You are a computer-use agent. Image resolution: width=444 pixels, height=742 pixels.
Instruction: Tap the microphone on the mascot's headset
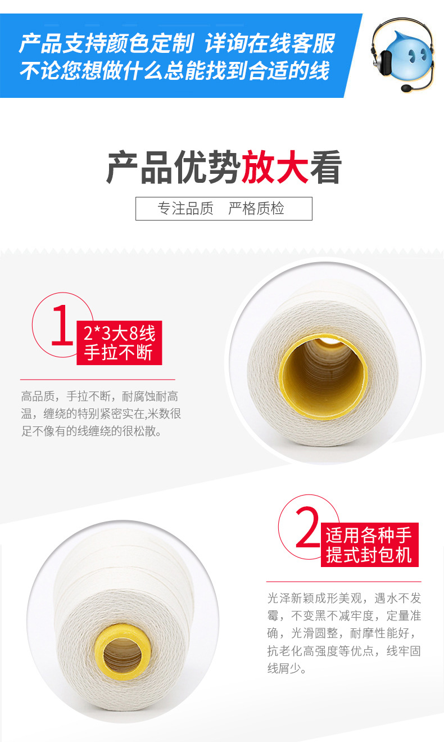406,88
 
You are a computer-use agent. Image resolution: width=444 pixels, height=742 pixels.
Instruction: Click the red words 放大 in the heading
274,168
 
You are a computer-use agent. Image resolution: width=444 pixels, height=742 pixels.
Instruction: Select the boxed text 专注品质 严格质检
223,209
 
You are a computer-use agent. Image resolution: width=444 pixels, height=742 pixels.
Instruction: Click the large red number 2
307,527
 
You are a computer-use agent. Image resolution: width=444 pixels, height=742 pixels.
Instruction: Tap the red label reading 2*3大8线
119,333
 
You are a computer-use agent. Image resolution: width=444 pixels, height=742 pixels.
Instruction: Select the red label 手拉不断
119,353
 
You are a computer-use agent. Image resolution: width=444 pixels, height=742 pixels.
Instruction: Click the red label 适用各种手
369,534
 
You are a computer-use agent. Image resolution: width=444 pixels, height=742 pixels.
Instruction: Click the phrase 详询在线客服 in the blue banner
270,43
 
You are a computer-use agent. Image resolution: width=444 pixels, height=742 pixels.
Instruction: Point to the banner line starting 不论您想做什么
174,71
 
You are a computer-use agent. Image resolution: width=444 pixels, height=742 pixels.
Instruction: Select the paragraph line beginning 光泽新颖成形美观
343,597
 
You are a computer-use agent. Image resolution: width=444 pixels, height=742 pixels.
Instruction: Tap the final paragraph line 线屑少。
287,669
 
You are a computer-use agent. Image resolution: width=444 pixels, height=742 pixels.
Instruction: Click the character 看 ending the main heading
325,168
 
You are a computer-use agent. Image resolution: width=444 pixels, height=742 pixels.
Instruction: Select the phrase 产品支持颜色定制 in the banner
106,43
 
